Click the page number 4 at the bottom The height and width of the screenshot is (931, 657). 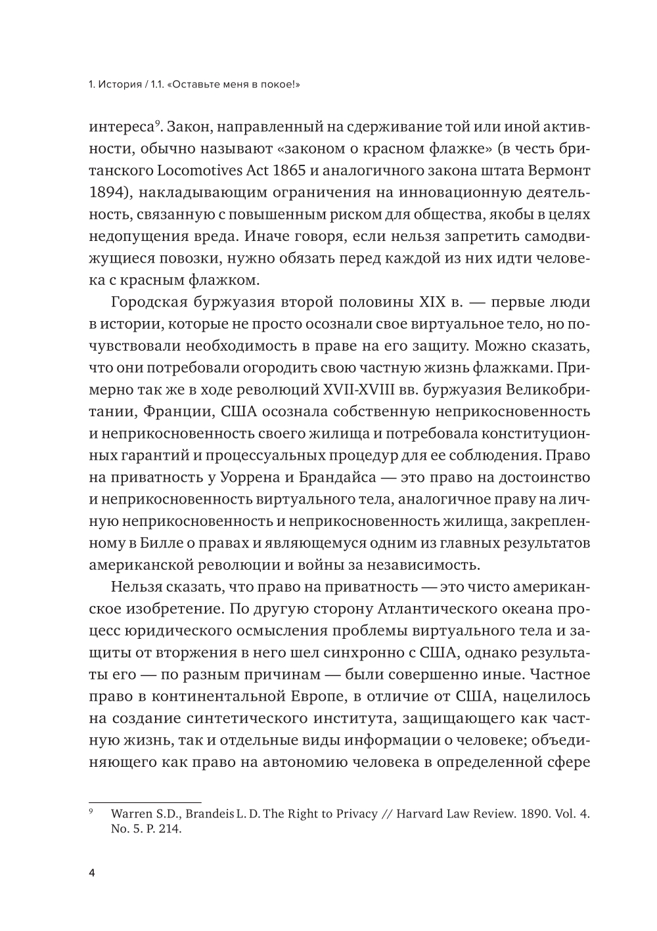point(92,873)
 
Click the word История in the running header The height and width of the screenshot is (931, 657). point(120,85)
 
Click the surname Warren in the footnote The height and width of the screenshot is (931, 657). point(131,814)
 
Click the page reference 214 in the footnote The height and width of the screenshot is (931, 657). point(170,829)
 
